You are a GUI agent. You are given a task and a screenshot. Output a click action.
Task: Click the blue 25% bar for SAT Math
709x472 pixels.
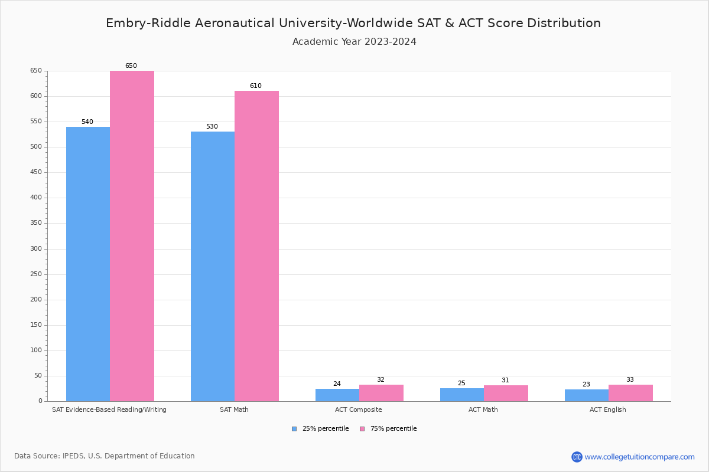pos(213,266)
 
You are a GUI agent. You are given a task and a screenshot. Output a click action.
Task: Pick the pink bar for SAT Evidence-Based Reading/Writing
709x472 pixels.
pos(132,236)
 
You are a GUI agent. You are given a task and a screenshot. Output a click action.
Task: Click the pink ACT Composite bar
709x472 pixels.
pos(381,393)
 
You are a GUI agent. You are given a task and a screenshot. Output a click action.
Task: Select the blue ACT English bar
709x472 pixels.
pos(586,395)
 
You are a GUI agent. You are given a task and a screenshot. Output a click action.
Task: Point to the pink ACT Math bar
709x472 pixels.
pos(506,394)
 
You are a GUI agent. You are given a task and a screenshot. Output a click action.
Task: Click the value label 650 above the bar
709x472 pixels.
pos(131,66)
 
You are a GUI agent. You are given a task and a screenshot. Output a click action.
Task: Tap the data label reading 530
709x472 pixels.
pos(212,127)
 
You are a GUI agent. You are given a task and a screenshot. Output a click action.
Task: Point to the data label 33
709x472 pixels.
pos(630,380)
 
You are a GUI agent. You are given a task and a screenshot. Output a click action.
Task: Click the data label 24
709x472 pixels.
pos(337,384)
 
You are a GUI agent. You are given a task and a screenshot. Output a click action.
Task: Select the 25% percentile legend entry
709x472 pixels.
pos(320,429)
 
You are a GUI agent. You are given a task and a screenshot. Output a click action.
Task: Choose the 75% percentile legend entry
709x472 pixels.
pos(388,429)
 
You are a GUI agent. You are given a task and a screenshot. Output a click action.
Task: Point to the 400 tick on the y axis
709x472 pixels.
pos(36,198)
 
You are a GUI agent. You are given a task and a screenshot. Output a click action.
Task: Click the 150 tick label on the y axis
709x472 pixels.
pos(36,325)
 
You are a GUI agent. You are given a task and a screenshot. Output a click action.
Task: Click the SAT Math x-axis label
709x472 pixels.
pos(234,409)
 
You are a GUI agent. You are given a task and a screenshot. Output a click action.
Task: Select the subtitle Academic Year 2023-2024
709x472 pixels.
pos(354,42)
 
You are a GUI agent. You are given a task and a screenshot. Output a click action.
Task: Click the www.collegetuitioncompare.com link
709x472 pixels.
pos(639,457)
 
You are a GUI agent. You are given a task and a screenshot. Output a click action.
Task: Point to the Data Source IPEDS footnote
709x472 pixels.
pos(105,456)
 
